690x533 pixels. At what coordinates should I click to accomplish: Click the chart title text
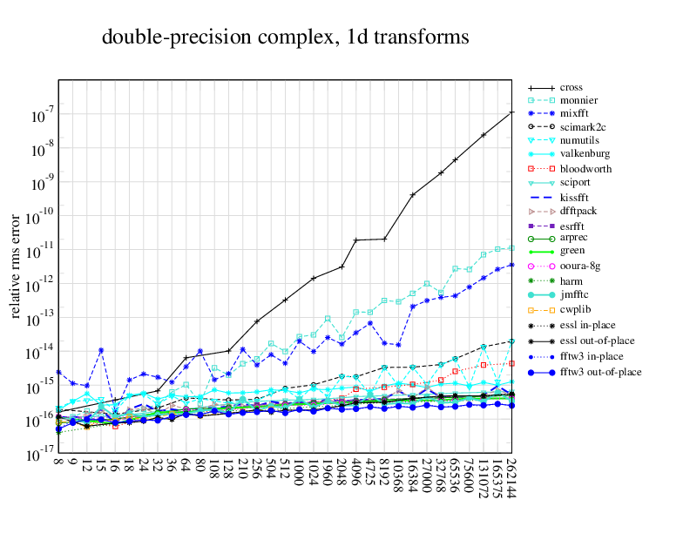(x=286, y=37)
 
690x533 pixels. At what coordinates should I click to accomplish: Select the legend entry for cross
(x=572, y=88)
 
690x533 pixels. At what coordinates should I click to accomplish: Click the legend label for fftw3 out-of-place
(x=600, y=372)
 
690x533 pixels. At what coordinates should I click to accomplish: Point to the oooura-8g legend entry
(x=580, y=266)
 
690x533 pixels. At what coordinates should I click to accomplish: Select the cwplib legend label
(x=575, y=309)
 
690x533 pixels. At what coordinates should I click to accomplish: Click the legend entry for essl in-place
(x=588, y=325)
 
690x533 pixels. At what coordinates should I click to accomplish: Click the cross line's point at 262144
(x=511, y=112)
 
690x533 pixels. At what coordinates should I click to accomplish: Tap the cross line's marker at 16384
(x=413, y=194)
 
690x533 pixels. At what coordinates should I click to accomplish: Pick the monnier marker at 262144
(x=511, y=247)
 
